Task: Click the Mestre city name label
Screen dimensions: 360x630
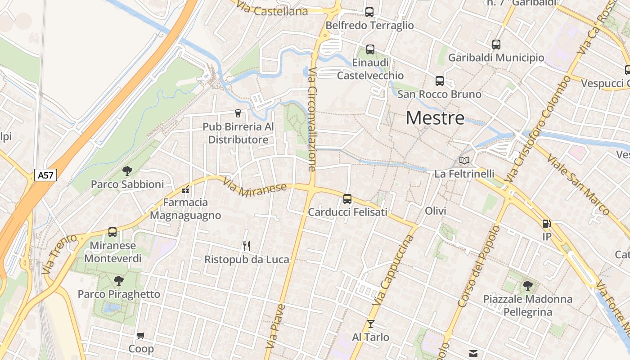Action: (x=435, y=118)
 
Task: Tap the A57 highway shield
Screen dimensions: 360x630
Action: (x=46, y=175)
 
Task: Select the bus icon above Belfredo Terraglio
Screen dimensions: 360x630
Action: (x=369, y=12)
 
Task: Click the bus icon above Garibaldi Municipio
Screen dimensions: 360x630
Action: (x=496, y=45)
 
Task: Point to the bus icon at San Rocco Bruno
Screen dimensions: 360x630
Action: (x=440, y=81)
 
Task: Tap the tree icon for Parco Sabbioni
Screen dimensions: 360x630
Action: (x=127, y=171)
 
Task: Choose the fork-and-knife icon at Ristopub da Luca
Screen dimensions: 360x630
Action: (x=246, y=246)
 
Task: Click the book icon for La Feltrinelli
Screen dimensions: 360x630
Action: (x=464, y=160)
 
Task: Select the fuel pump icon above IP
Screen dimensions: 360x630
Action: (x=547, y=223)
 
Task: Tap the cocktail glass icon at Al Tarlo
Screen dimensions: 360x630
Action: (x=370, y=324)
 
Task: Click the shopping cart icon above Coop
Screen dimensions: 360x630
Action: (x=141, y=335)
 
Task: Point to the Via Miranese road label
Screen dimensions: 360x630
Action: (x=255, y=186)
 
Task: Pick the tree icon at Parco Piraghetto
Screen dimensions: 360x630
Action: (x=119, y=281)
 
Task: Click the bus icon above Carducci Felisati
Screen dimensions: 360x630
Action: (x=347, y=198)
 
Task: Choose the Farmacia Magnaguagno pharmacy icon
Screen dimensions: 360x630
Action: (x=185, y=189)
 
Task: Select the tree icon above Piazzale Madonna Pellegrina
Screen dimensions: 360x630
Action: (x=527, y=285)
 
